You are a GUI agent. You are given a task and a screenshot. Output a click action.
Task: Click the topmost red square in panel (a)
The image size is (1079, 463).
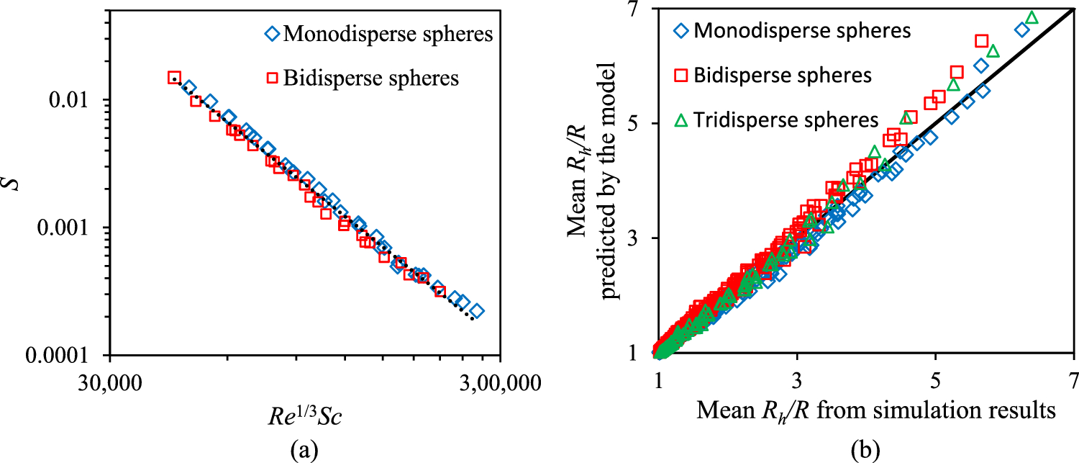pos(174,77)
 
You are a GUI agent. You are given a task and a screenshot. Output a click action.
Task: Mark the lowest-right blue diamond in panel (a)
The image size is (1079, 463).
pos(476,311)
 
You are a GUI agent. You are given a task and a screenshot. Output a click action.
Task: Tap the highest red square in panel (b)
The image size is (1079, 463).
pos(981,41)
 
